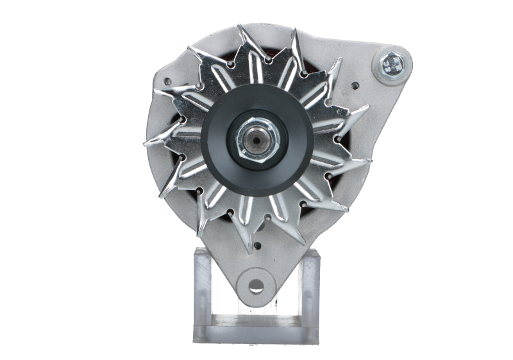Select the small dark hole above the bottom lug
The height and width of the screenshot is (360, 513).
click(259, 244)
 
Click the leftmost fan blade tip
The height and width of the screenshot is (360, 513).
click(146, 142)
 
